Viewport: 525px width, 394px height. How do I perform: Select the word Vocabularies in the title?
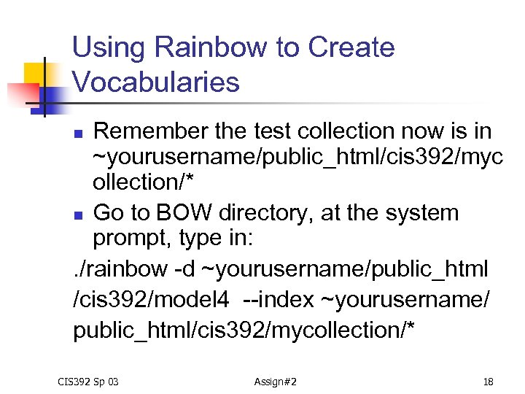coord(156,82)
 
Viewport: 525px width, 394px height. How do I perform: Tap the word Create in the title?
coord(351,48)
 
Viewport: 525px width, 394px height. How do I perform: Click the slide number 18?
coord(489,381)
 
